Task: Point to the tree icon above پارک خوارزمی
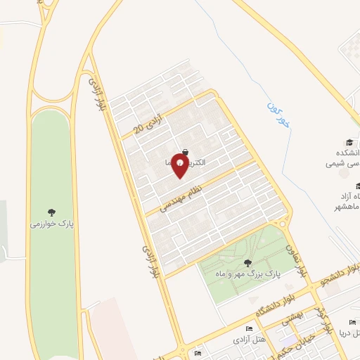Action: point(51,212)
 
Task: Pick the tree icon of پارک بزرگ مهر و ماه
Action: point(247,263)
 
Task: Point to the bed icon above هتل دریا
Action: point(352,322)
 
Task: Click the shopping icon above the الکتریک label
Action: point(185,151)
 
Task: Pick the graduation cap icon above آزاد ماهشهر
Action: point(358,186)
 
